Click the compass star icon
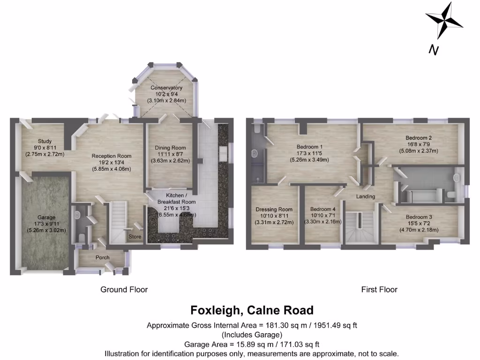tap(443, 21)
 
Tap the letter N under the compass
tap(434, 50)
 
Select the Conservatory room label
tap(166, 88)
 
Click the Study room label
tap(45, 141)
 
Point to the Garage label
tap(46, 217)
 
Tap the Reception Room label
tap(111, 156)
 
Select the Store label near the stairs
tap(135, 237)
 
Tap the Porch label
tap(103, 257)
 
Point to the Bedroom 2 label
tap(419, 138)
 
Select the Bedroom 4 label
tap(322, 209)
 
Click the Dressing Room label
tap(274, 210)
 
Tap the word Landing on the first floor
tap(366, 196)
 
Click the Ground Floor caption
tap(124, 290)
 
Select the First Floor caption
tap(379, 290)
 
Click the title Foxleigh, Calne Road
tap(252, 310)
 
